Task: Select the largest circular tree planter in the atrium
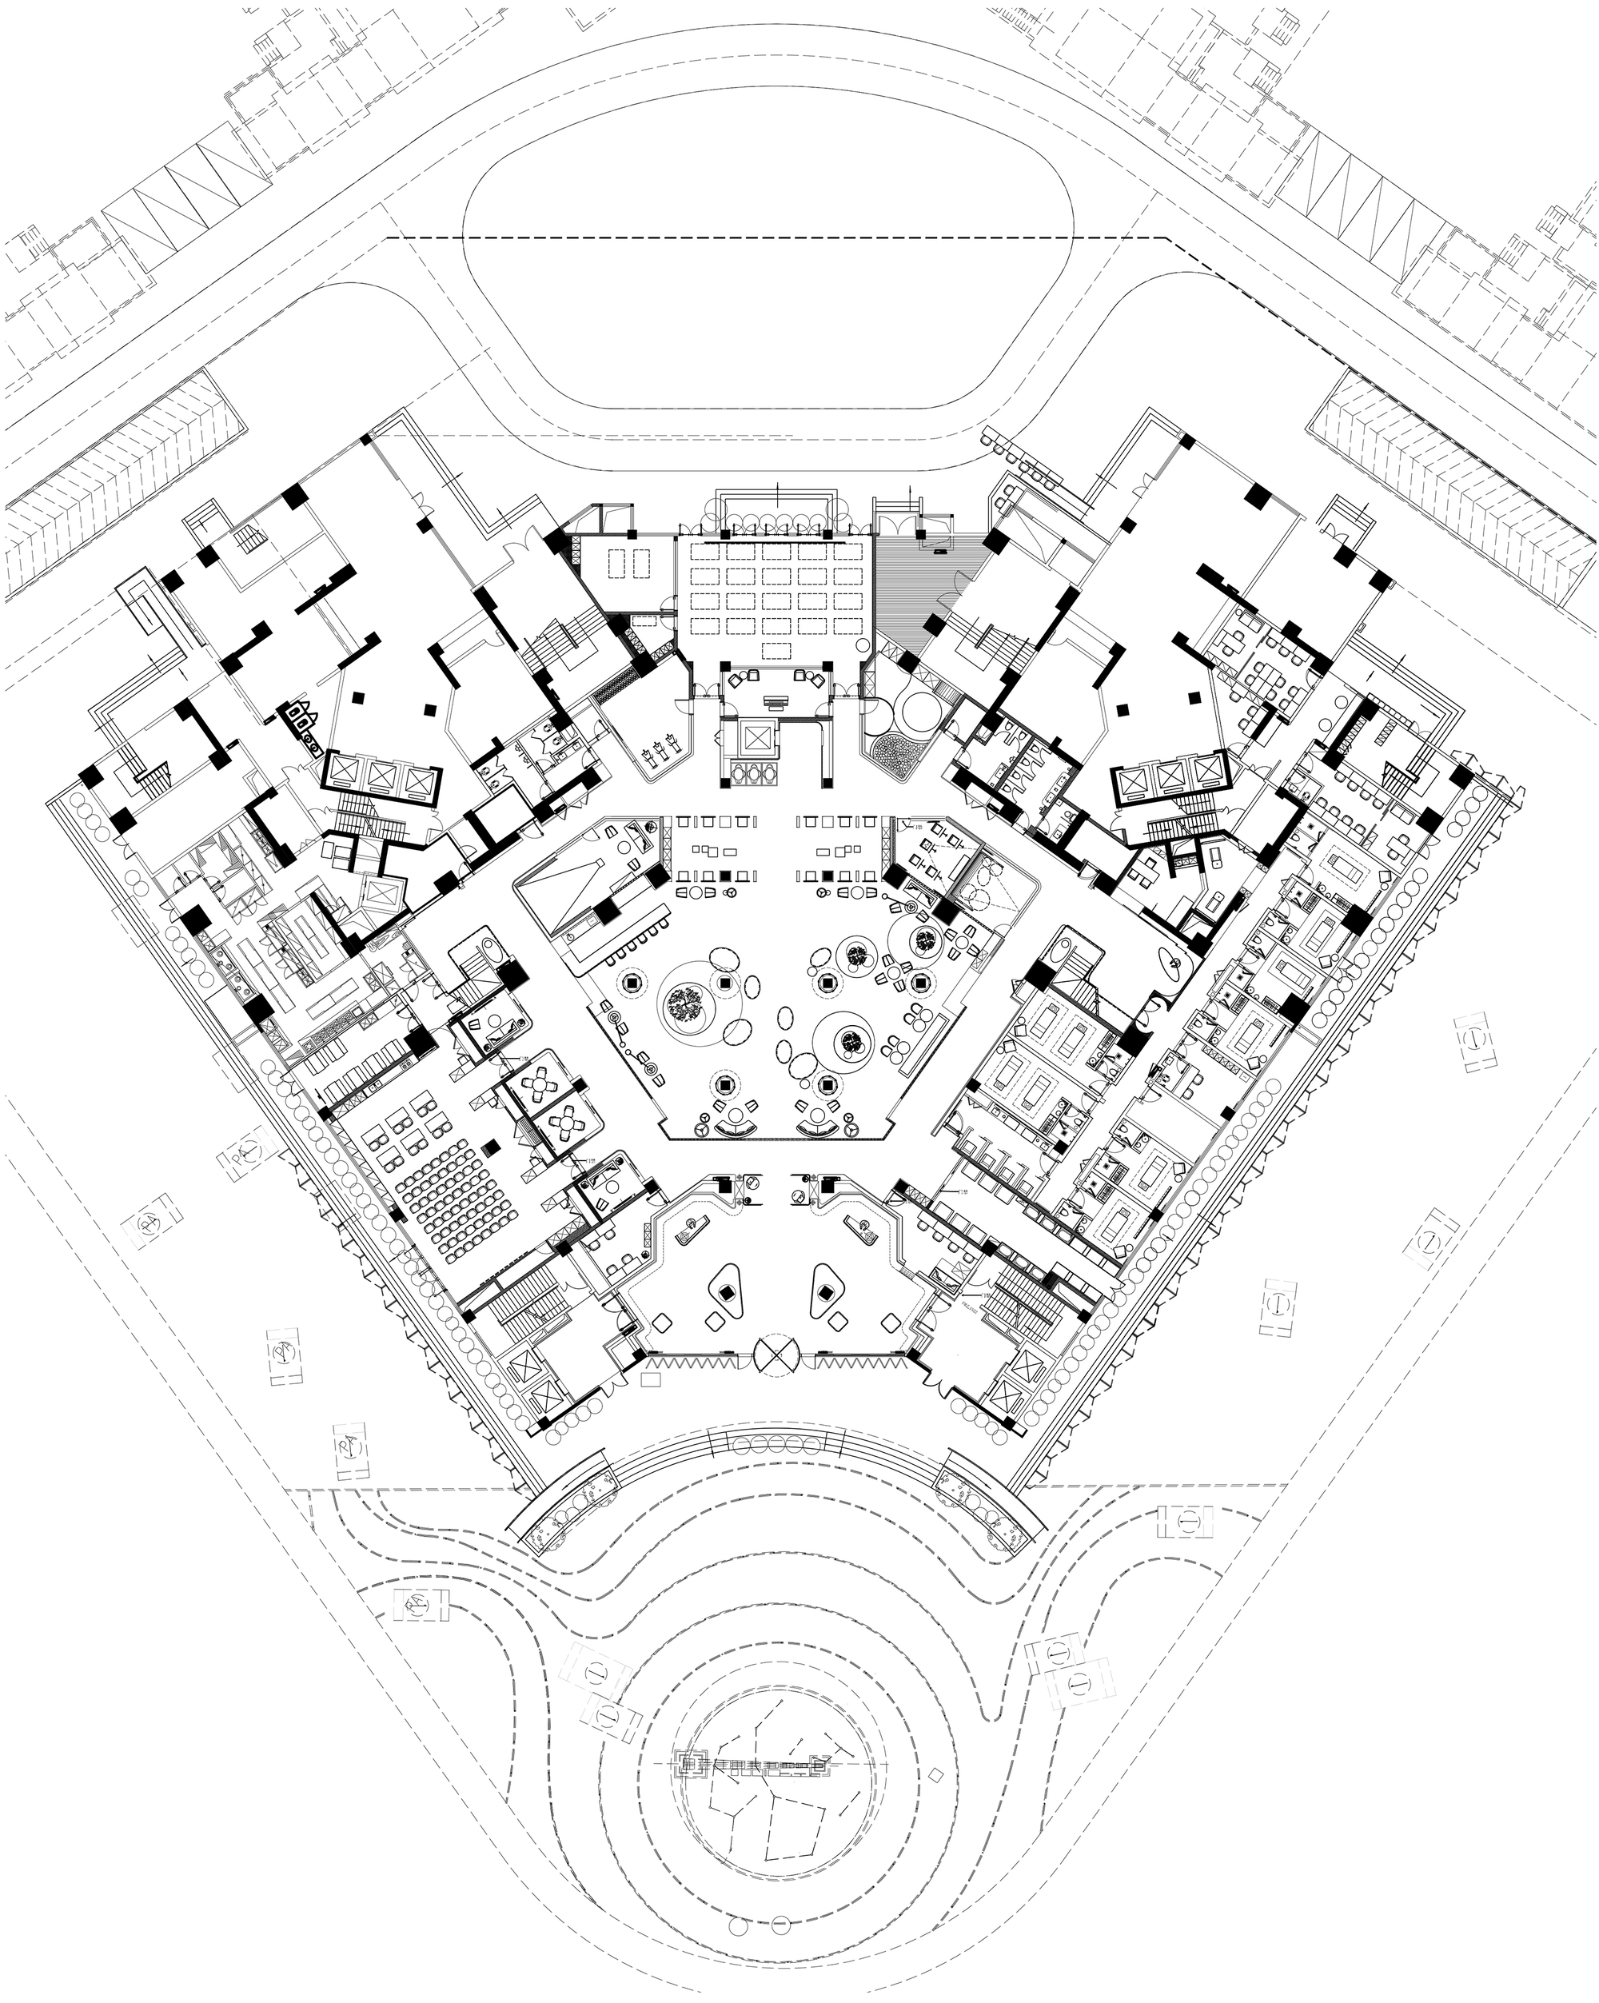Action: click(x=687, y=1003)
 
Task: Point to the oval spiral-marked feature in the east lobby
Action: click(x=1170, y=966)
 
